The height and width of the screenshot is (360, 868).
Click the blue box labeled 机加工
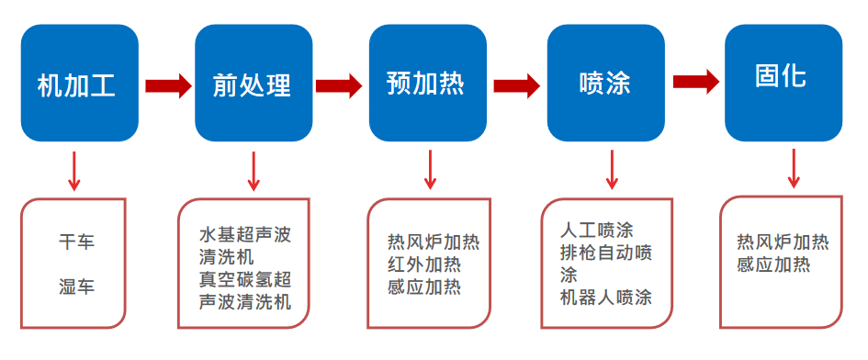point(79,84)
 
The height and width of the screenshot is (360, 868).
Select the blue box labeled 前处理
point(254,84)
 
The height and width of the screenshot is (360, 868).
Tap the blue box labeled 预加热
point(427,84)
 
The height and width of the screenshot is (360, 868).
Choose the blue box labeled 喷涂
point(605,84)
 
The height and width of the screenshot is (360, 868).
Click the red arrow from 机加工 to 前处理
point(167,85)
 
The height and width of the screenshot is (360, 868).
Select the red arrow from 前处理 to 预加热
point(339,85)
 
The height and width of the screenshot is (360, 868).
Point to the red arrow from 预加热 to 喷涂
point(516,85)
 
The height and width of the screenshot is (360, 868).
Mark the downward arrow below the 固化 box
point(794,170)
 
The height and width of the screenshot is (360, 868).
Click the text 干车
point(77,242)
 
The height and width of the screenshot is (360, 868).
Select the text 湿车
point(77,287)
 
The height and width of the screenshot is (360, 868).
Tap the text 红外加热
point(424,264)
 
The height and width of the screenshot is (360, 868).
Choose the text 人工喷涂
point(596,230)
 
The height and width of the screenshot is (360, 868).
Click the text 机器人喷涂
point(605,297)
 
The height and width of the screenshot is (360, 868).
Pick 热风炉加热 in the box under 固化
point(783,242)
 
